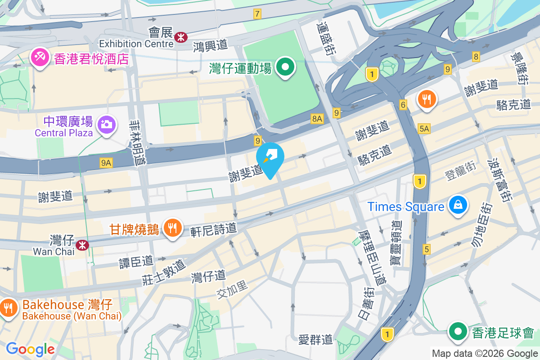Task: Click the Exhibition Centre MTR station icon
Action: pyautogui.click(x=181, y=36)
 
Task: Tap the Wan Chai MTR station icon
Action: pyautogui.click(x=82, y=245)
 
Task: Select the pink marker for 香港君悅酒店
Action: pyautogui.click(x=40, y=58)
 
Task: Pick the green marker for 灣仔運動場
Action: pyautogui.click(x=285, y=68)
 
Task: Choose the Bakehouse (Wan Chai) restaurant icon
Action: pyautogui.click(x=8, y=308)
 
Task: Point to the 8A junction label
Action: pyautogui.click(x=317, y=118)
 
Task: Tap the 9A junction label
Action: pyautogui.click(x=106, y=163)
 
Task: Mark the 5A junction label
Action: pyautogui.click(x=424, y=129)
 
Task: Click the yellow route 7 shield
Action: pyautogui.click(x=257, y=14)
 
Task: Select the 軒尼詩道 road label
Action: pyautogui.click(x=213, y=229)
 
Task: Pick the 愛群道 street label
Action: pyautogui.click(x=315, y=339)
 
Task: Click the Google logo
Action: pyautogui.click(x=30, y=349)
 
